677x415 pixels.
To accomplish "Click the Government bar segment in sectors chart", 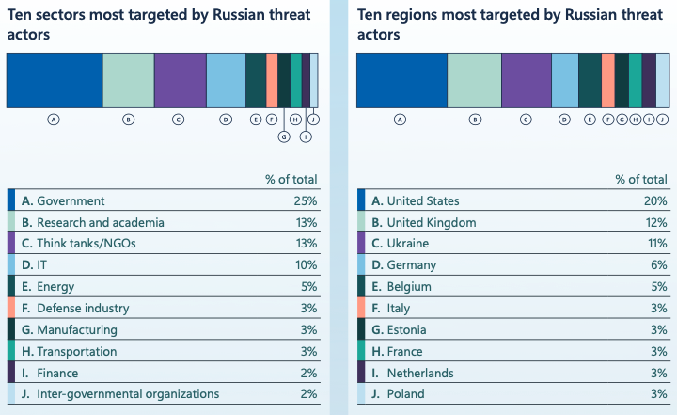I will point(54,80).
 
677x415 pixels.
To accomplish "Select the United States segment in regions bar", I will point(401,80).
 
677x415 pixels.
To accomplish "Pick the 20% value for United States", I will point(655,201).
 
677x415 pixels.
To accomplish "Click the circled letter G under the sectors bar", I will point(284,136).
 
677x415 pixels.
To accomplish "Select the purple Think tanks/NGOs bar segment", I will point(180,80).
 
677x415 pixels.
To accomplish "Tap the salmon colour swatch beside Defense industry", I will point(11,309).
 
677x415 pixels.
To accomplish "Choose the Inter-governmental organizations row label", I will point(128,394).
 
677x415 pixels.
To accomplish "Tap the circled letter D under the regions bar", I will point(564,120).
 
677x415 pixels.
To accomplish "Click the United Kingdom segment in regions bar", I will point(474,80).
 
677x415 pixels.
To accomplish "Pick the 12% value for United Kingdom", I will point(655,223).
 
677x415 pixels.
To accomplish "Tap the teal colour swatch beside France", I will point(362,351).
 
